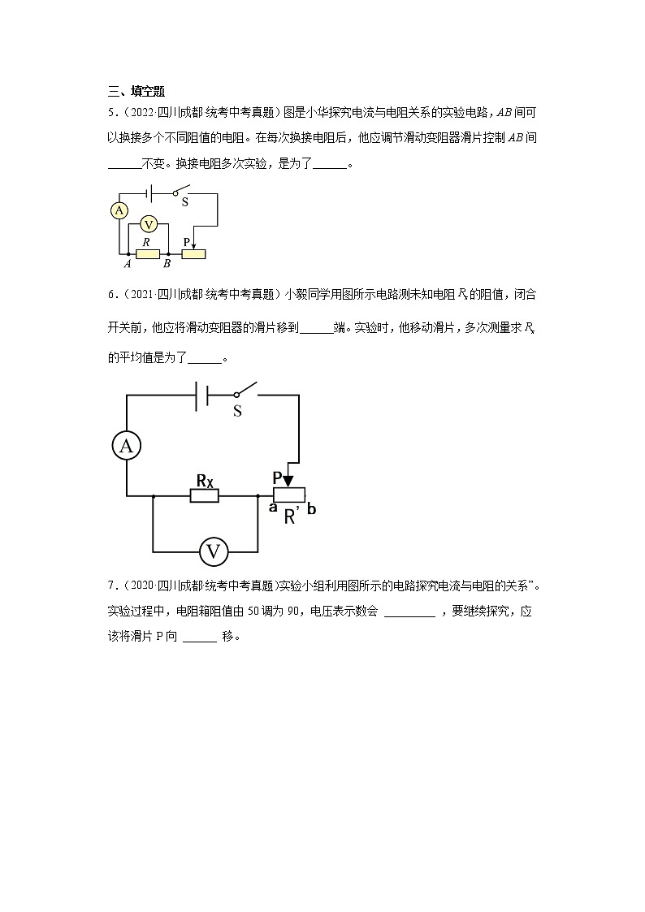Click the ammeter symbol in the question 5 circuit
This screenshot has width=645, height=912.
[119, 211]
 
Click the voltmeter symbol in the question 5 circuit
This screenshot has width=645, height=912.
[148, 224]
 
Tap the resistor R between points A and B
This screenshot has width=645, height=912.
[147, 254]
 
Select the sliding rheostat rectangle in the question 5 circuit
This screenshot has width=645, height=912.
[193, 254]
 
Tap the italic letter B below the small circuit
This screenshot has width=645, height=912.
[167, 264]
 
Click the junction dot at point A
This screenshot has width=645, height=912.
[128, 254]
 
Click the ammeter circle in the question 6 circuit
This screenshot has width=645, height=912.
[126, 444]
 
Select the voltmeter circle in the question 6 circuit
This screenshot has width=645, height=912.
[214, 552]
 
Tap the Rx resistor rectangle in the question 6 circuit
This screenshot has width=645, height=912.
[205, 495]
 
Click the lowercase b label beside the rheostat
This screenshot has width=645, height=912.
[312, 509]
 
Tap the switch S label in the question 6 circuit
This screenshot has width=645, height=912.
[237, 411]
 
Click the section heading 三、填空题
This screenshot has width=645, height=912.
[136, 91]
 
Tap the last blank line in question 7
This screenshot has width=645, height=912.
[200, 637]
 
